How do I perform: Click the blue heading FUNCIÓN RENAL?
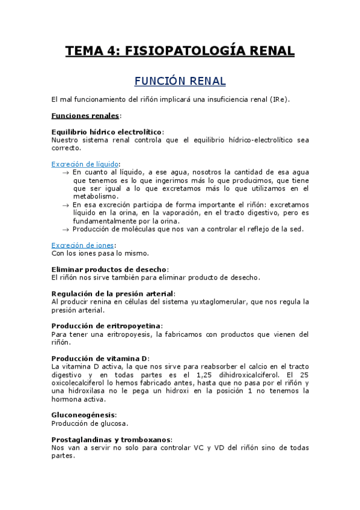(180, 81)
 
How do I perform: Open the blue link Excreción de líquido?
(85, 164)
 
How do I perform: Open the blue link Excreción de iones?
(82, 245)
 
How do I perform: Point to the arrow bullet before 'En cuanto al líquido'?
(66, 172)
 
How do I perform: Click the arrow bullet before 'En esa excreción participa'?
(66, 204)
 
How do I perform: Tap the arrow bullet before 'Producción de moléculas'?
(66, 229)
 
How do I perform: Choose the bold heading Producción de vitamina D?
(100, 358)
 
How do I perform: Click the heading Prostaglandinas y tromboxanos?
(111, 439)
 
